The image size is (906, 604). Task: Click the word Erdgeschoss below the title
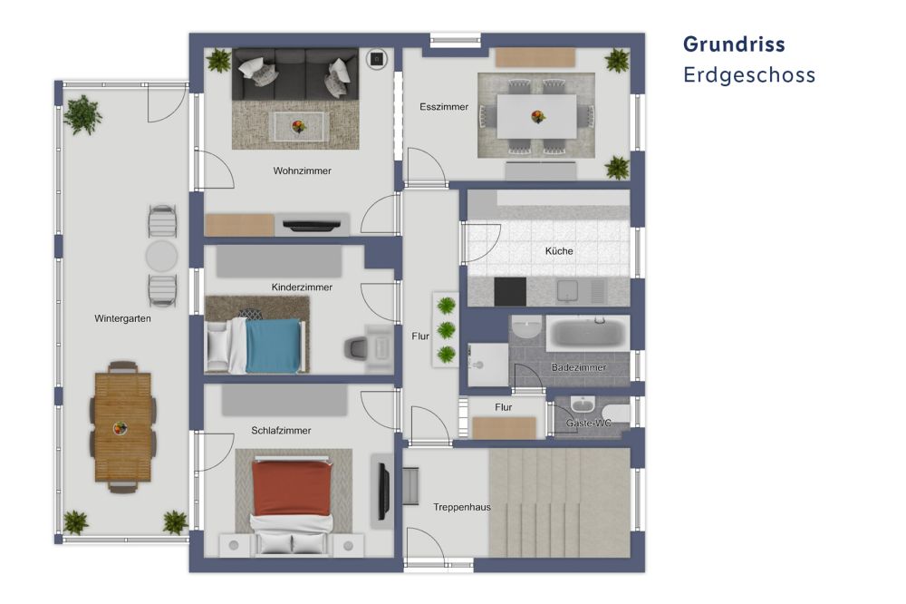(749, 75)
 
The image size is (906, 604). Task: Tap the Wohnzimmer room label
(302, 170)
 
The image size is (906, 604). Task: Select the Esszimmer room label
(444, 107)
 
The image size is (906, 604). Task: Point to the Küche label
(559, 251)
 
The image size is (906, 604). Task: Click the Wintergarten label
(122, 319)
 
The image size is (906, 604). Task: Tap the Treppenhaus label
(461, 507)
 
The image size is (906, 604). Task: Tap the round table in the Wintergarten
(162, 256)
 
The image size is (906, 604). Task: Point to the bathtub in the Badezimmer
(587, 333)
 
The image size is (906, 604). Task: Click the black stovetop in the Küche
(509, 291)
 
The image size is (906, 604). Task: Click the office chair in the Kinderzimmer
(357, 348)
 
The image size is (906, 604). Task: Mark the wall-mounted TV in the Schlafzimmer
(383, 491)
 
